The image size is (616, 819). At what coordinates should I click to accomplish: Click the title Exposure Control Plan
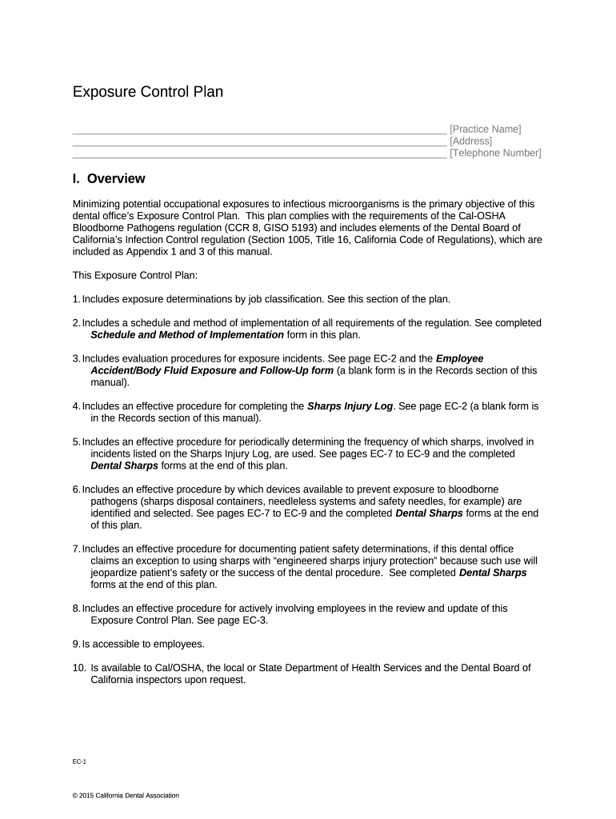148,92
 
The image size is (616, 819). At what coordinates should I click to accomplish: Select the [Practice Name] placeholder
485,129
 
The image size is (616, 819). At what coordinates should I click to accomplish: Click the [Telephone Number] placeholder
495,153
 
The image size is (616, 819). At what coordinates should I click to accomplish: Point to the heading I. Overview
109,179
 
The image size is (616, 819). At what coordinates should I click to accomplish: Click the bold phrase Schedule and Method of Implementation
187,334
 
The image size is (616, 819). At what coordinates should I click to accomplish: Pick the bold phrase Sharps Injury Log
350,406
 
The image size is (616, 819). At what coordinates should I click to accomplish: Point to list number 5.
76,441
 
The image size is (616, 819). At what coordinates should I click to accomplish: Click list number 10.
78,668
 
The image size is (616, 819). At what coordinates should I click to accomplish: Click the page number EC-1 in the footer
79,763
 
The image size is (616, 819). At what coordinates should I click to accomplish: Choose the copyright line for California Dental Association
126,796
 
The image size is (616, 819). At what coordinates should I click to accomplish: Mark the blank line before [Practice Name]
259,130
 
